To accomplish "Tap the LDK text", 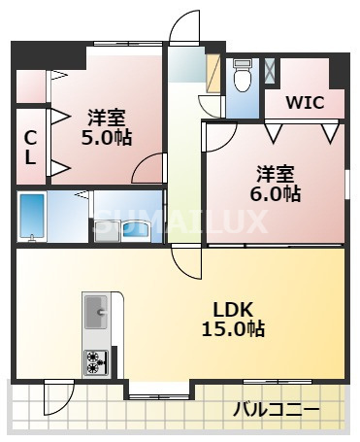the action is coord(233,309).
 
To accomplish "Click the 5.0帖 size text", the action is coord(105,137).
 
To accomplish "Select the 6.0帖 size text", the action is coord(276,193).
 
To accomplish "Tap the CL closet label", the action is coord(31,147).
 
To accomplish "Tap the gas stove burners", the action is coord(96,361).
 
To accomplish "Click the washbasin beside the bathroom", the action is coord(133,230).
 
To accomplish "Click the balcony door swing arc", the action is coord(59,397).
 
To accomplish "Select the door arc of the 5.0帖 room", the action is coord(147,169).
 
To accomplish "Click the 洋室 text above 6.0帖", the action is coord(276,174).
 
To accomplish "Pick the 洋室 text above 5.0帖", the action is coord(105,118).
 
